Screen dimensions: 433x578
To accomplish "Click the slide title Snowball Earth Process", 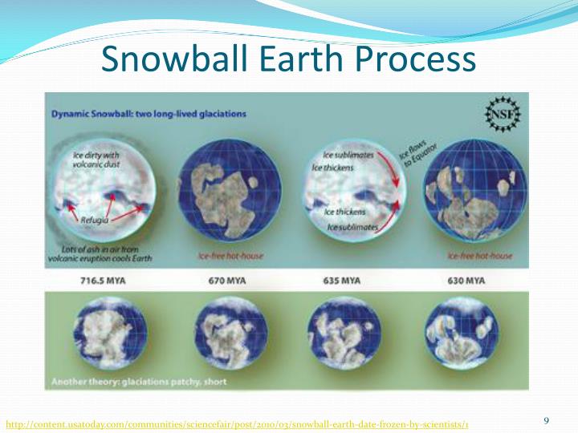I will pos(290,59).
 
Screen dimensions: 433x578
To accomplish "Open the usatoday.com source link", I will pos(238,423).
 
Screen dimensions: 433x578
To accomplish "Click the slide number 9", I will pos(547,421).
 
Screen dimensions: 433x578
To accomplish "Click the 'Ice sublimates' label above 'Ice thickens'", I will pos(348,155).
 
